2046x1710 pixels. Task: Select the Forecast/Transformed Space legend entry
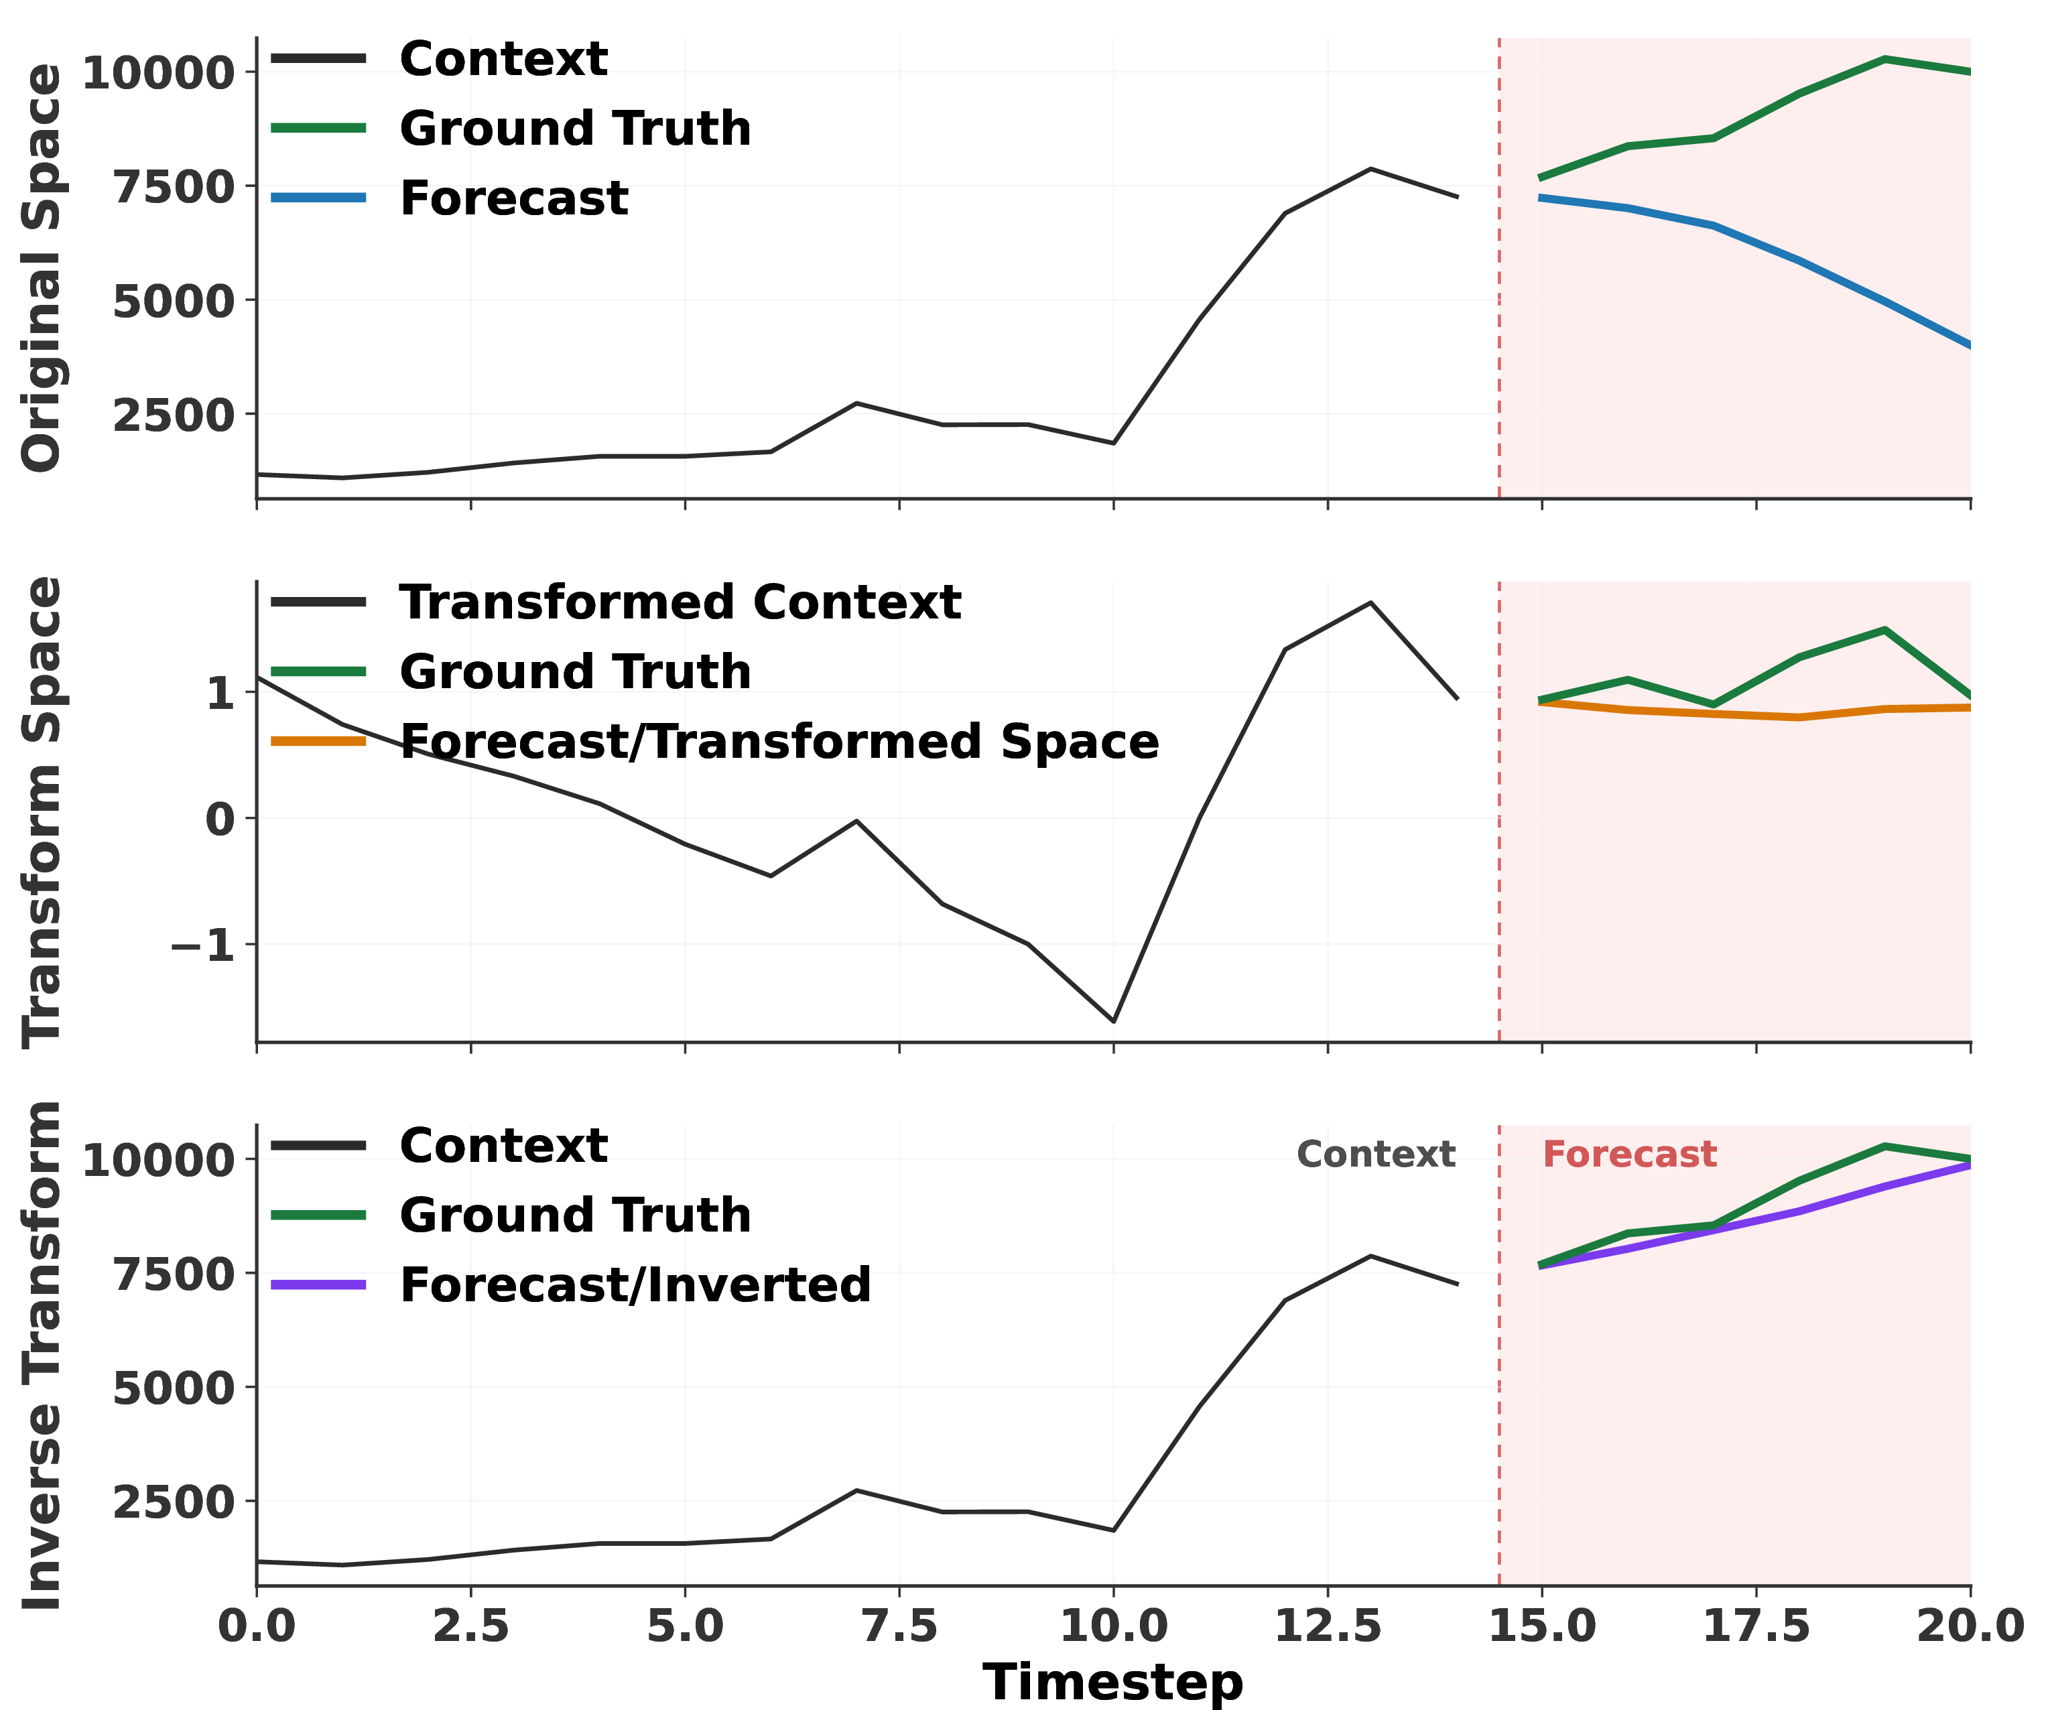pyautogui.click(x=715, y=742)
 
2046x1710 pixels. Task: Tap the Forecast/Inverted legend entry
pyautogui.click(x=571, y=1285)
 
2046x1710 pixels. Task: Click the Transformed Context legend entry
pyautogui.click(x=616, y=602)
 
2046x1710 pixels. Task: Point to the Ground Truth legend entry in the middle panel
pyautogui.click(x=511, y=671)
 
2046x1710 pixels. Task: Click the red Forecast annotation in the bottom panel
pyautogui.click(x=1629, y=1155)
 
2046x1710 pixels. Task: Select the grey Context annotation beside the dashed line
pyautogui.click(x=1376, y=1155)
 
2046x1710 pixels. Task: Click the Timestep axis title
pyautogui.click(x=1112, y=1682)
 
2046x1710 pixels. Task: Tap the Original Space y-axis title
pyautogui.click(x=42, y=268)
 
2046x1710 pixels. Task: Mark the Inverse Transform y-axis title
pyautogui.click(x=42, y=1356)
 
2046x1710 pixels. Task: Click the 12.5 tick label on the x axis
pyautogui.click(x=1328, y=1627)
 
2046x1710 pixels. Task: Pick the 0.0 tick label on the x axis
pyautogui.click(x=256, y=1627)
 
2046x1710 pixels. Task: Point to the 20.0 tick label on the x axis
pyautogui.click(x=1971, y=1627)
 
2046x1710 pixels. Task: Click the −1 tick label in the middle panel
pyautogui.click(x=202, y=945)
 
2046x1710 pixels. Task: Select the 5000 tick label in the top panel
pyautogui.click(x=174, y=301)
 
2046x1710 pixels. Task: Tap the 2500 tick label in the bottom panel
pyautogui.click(x=174, y=1502)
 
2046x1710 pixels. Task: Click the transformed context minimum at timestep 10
pyautogui.click(x=1114, y=1021)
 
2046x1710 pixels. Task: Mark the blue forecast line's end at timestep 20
pyautogui.click(x=1969, y=345)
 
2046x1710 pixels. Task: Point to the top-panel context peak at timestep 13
pyautogui.click(x=1371, y=169)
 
